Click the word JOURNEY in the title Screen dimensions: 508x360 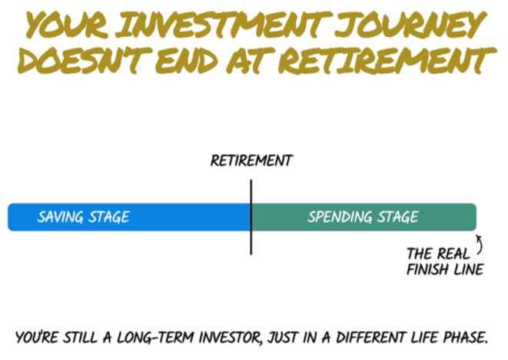tap(410, 25)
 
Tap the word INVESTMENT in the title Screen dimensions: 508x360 tap(222, 25)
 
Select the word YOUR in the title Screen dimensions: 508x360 tap(67, 25)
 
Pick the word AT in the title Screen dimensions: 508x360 tap(250, 60)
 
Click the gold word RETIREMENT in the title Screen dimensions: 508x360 tap(387, 60)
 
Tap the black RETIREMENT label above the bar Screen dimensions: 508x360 tap(251, 161)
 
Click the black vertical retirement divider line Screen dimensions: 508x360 tap(251, 217)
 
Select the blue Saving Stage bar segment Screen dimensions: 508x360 tap(129, 217)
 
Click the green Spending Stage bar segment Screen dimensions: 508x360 tap(364, 217)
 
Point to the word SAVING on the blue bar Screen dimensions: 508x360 tap(61, 217)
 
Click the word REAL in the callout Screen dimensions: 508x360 tap(454, 254)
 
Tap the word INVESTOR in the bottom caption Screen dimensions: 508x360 tap(230, 338)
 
